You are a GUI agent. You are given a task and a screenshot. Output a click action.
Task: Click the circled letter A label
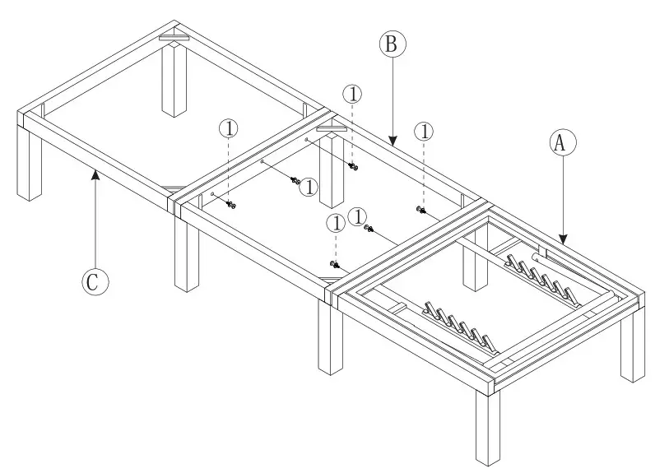[560, 141]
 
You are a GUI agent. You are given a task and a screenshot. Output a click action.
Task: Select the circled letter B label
[393, 44]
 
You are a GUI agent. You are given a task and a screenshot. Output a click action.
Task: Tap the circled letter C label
[95, 282]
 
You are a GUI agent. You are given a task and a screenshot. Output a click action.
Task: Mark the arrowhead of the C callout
[95, 172]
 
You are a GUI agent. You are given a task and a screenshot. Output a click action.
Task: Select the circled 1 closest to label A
[425, 131]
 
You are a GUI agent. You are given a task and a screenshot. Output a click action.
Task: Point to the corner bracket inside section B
[331, 127]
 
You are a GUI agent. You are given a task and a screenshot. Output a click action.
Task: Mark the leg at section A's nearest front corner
[487, 428]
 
